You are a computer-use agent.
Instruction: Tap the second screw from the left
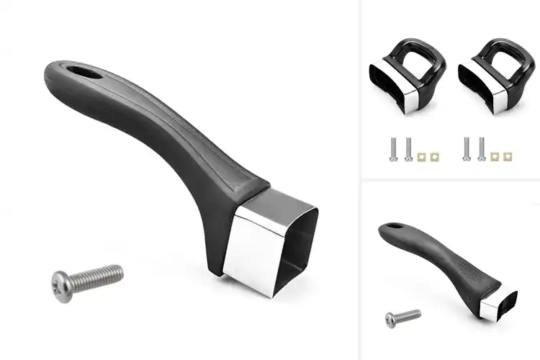click(409, 149)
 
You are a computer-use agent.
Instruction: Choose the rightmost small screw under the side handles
click(481, 149)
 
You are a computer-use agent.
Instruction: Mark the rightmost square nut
click(509, 156)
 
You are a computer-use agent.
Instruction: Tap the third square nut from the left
click(495, 156)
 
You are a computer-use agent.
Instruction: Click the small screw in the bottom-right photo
click(402, 315)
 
